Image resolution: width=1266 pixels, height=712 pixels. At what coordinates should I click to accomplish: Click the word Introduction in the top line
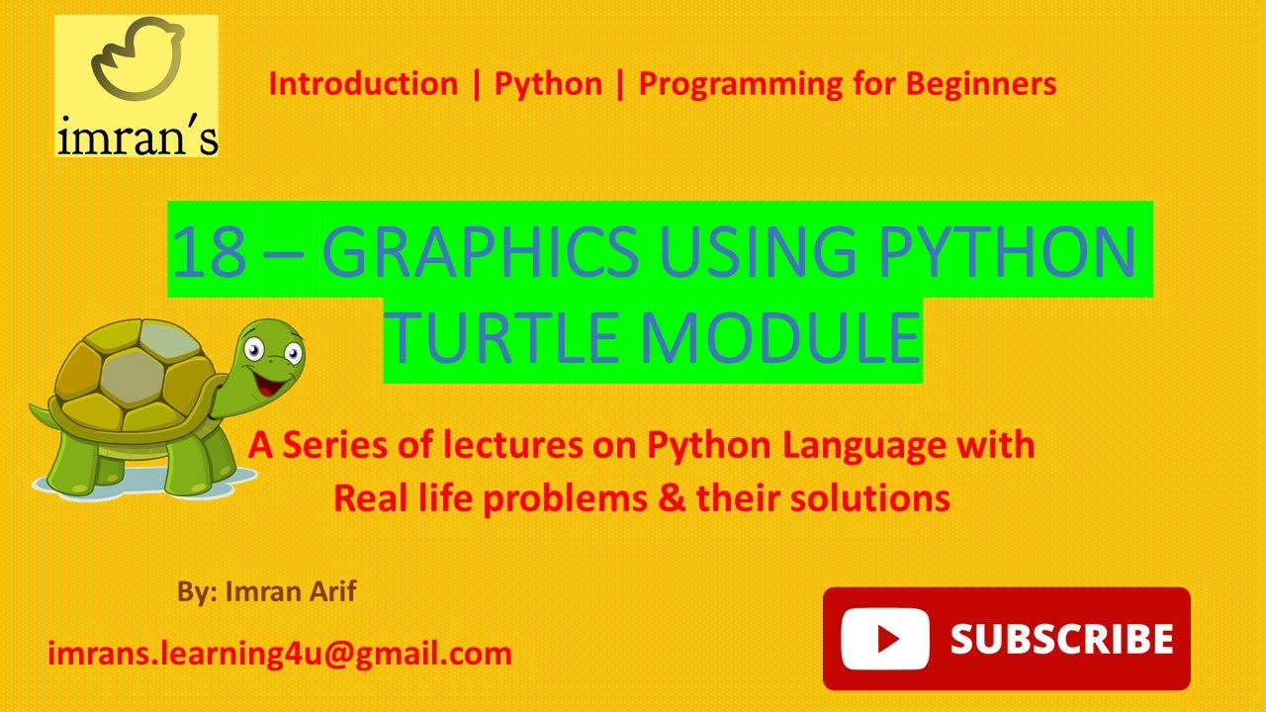pyautogui.click(x=363, y=84)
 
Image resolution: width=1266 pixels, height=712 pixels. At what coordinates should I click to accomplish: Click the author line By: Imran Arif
pyautogui.click(x=266, y=592)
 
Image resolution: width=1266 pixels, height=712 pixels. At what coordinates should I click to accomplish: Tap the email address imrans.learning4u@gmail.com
pyautogui.click(x=280, y=653)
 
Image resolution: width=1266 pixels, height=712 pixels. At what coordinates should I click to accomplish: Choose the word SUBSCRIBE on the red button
pyautogui.click(x=1061, y=639)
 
